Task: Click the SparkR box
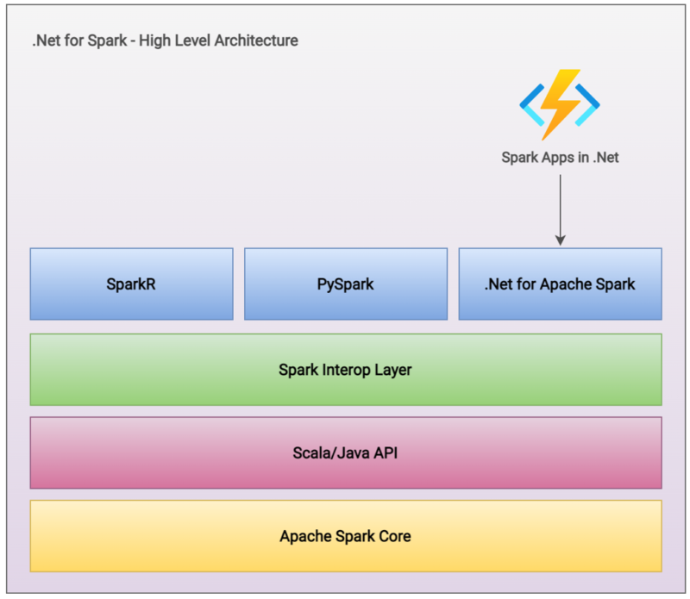[x=131, y=284]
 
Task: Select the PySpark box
[x=345, y=284]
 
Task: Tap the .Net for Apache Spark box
[x=560, y=284]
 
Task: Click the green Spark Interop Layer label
[x=345, y=370]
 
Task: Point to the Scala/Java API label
[x=345, y=452]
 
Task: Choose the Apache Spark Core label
[x=345, y=536]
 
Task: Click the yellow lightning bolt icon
[x=560, y=104]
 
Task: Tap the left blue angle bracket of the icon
[x=530, y=104]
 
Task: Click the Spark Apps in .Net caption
[x=560, y=158]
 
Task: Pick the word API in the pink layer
[x=384, y=452]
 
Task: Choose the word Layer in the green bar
[x=392, y=370]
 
